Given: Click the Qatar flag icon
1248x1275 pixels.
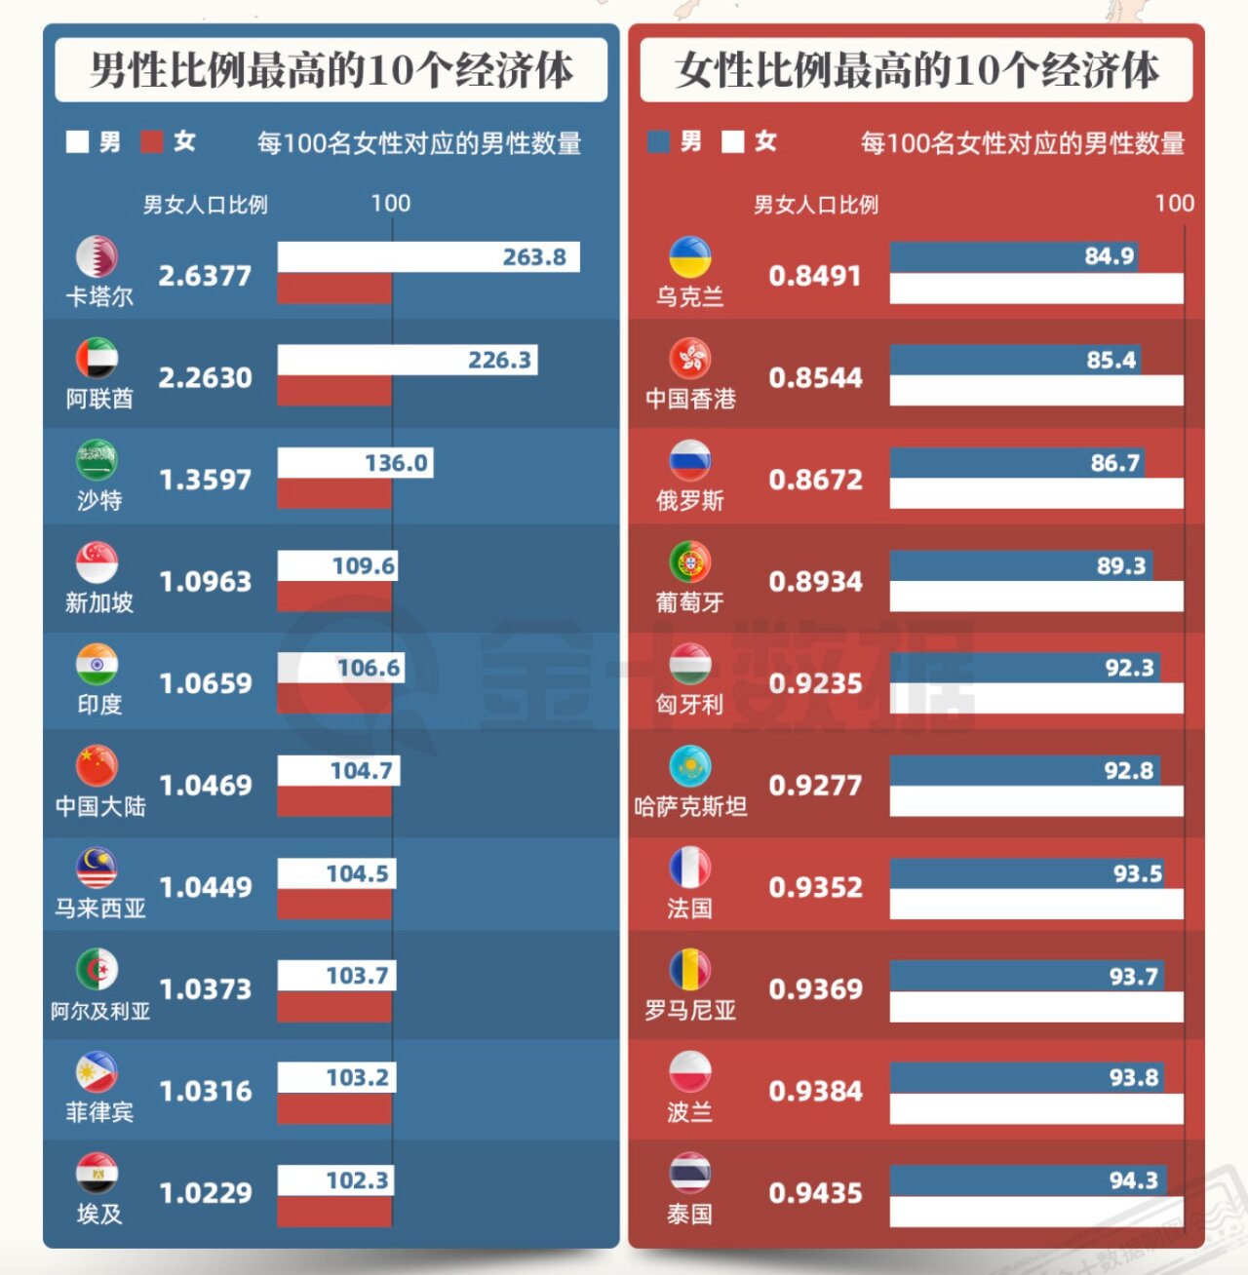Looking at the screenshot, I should click(97, 256).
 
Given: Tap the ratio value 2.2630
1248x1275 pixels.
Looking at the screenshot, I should click(205, 377).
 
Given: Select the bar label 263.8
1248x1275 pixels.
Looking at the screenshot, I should click(534, 257).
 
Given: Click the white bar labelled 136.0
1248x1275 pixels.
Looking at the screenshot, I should click(355, 463).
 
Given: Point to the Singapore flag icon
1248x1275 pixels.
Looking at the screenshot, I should click(97, 562).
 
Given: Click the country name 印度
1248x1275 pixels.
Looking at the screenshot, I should click(99, 704).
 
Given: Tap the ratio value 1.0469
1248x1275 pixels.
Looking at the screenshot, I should click(205, 785).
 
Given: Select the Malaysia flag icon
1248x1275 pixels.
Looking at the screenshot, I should click(97, 868).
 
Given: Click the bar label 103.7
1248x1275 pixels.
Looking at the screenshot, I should click(357, 976).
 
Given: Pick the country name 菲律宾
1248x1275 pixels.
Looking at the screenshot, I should click(99, 1111).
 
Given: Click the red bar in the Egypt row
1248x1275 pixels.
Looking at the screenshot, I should click(333, 1212).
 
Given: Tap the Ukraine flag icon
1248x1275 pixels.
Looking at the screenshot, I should click(689, 256).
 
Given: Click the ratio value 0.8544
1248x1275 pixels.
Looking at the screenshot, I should click(815, 377).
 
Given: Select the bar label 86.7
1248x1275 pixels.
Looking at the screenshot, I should click(1114, 463).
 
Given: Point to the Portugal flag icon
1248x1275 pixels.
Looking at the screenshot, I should click(689, 562).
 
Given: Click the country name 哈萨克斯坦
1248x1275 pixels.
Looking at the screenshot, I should click(690, 806).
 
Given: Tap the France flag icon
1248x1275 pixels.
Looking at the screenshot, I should click(689, 868).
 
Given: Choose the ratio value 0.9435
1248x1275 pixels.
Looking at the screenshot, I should click(815, 1193).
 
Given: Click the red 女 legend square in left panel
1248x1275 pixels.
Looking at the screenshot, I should click(151, 142).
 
